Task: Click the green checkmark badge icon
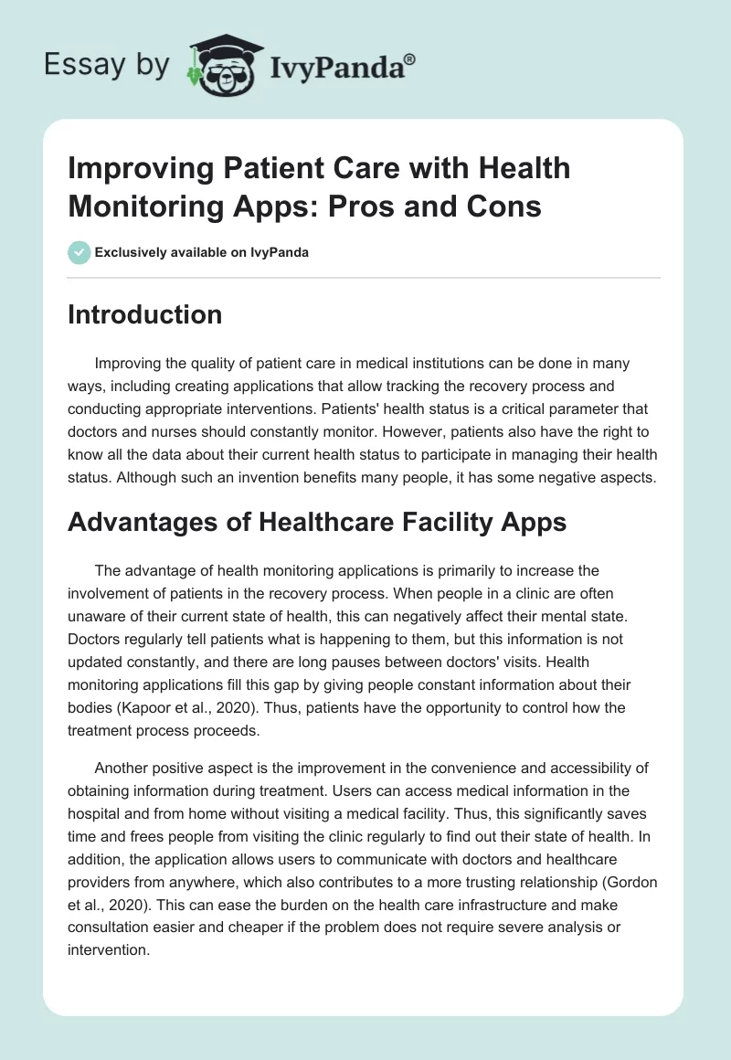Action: point(79,252)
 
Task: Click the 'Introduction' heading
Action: point(145,314)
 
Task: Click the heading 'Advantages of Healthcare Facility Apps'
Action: point(318,522)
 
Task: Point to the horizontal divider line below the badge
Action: point(365,277)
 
